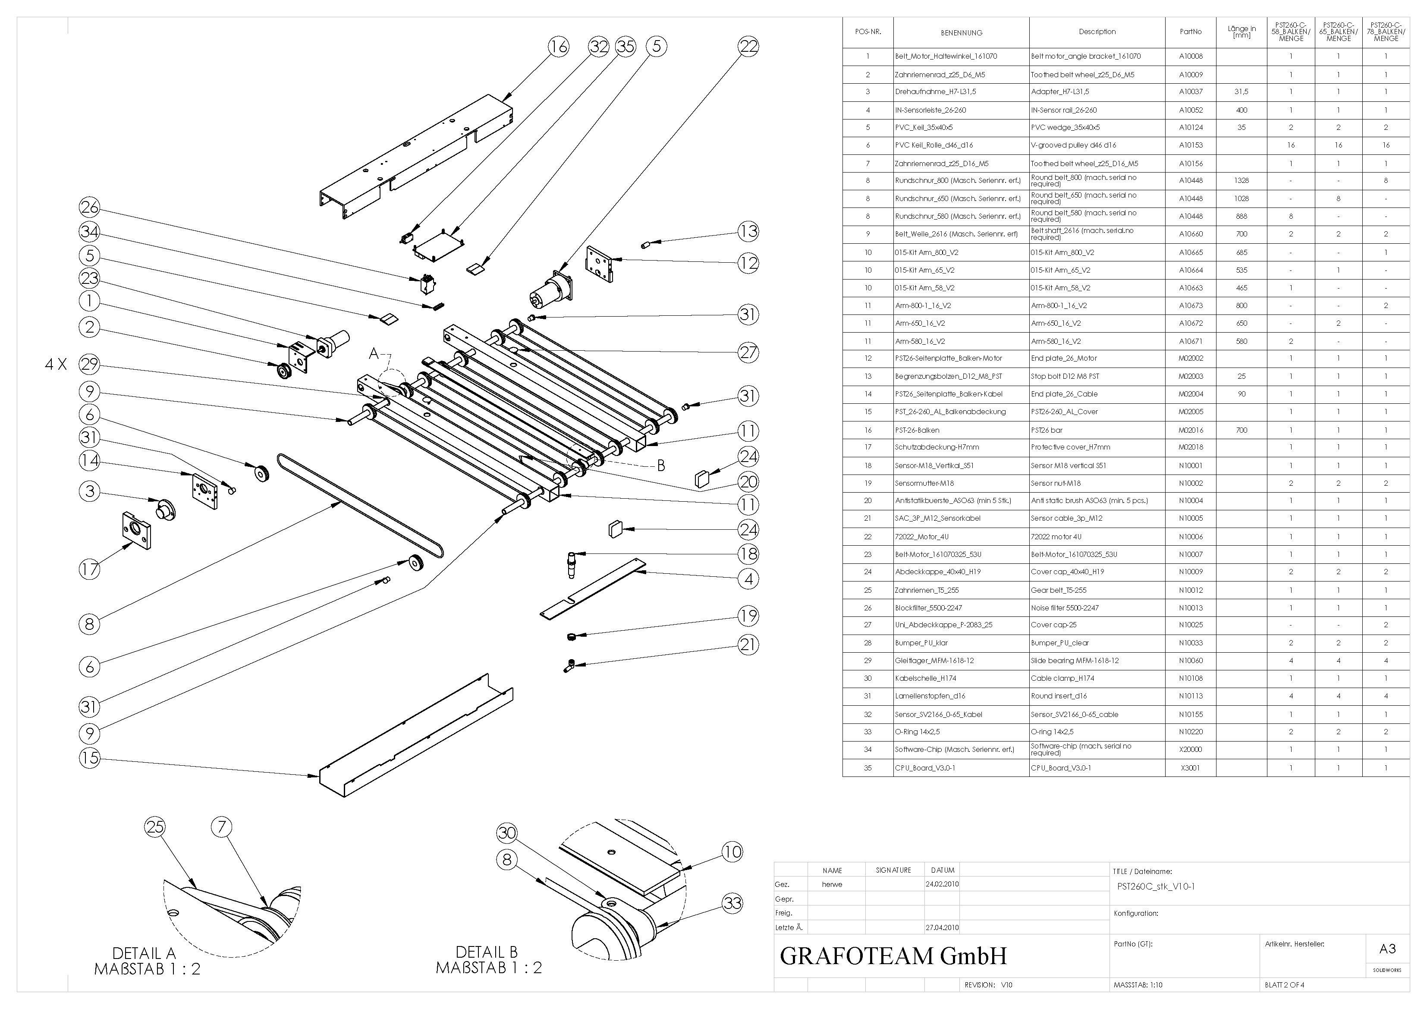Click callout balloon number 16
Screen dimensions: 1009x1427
(558, 46)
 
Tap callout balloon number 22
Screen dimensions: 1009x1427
(748, 46)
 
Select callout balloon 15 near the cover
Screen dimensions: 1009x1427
(89, 757)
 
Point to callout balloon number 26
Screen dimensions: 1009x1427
(89, 207)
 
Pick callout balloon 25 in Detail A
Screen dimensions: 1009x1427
(155, 827)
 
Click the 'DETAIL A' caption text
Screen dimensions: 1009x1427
(144, 953)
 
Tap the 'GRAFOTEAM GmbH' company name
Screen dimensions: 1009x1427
(893, 956)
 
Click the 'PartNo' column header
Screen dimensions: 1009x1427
(1190, 31)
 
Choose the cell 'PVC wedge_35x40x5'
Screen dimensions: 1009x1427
(1065, 127)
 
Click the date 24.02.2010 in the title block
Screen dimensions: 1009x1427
(942, 884)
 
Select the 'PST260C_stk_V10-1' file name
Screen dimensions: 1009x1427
(1155, 886)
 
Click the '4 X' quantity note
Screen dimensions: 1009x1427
(56, 365)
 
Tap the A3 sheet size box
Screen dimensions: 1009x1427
(1387, 949)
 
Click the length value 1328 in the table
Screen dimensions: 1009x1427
(1241, 180)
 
